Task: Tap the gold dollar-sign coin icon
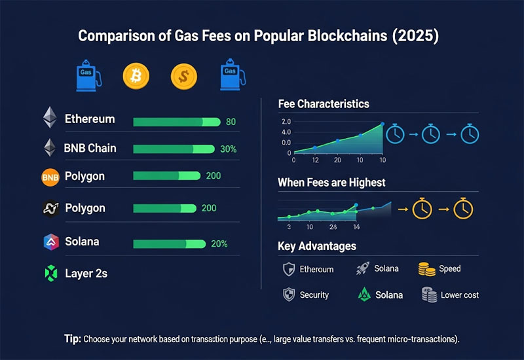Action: pyautogui.click(x=183, y=76)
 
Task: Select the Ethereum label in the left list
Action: pyautogui.click(x=90, y=119)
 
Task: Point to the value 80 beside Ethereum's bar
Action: pyautogui.click(x=230, y=122)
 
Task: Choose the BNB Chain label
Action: pyautogui.click(x=90, y=148)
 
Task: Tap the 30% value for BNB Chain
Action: pyautogui.click(x=229, y=149)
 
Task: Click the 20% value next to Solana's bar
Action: pyautogui.click(x=219, y=243)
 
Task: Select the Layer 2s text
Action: pyautogui.click(x=86, y=274)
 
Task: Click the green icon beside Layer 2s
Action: pyautogui.click(x=50, y=274)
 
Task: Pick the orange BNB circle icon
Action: pyautogui.click(x=50, y=177)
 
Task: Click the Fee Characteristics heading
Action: pyautogui.click(x=324, y=104)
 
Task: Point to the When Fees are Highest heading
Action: pyautogui.click(x=331, y=183)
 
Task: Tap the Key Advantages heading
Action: pyautogui.click(x=317, y=246)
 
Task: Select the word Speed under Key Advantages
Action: pyautogui.click(x=450, y=268)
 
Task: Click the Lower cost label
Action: pyautogui.click(x=460, y=295)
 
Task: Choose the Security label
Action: pyautogui.click(x=314, y=295)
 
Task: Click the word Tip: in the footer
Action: pyautogui.click(x=73, y=338)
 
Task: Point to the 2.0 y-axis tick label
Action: pyautogui.click(x=286, y=122)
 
